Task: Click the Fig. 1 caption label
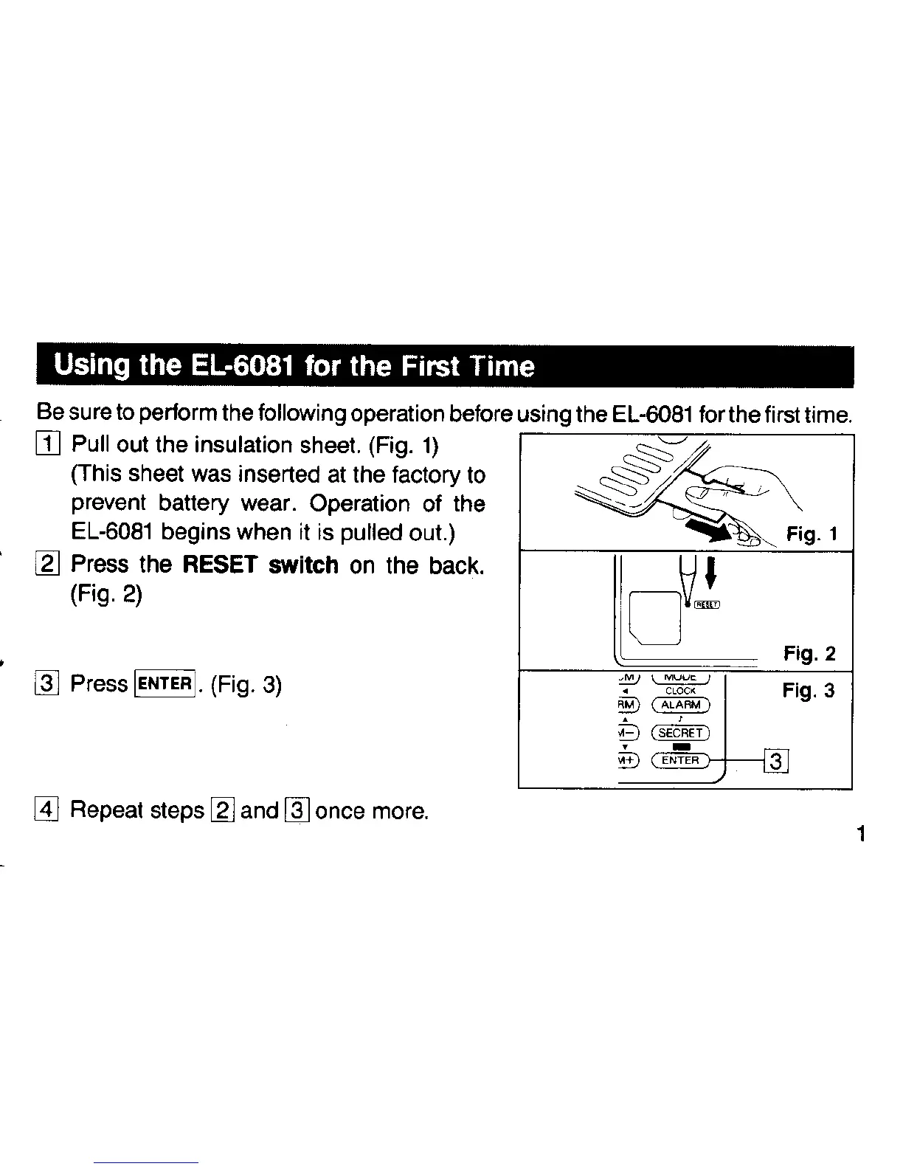812,534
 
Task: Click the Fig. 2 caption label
809,654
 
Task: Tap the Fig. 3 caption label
809,691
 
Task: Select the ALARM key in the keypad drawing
680,705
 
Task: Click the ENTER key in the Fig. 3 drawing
680,760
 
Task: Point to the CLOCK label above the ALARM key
680,691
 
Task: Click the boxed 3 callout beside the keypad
776,760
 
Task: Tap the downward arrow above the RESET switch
711,573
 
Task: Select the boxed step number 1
48,445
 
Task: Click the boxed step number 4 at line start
46,810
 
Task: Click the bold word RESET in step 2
219,565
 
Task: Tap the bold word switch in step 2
303,565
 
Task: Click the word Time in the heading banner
502,366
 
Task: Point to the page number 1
861,835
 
